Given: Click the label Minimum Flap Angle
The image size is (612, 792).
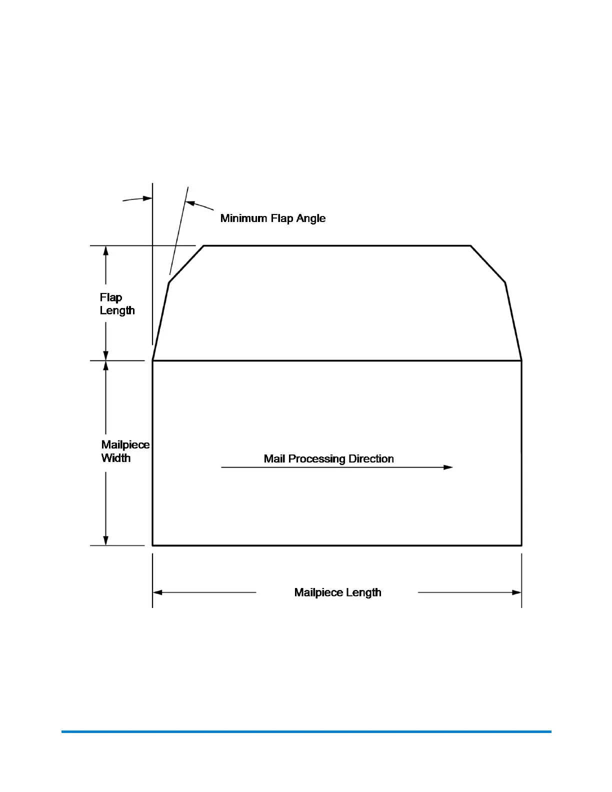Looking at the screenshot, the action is (273, 218).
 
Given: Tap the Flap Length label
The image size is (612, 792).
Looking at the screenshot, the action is (117, 304).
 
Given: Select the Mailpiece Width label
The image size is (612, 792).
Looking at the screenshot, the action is (125, 451).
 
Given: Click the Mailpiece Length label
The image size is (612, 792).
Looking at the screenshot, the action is (337, 592).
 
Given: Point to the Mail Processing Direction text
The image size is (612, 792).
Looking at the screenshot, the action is (328, 459).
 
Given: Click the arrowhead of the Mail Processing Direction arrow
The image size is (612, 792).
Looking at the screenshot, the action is (448, 467).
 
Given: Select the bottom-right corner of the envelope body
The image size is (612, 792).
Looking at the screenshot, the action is (521, 545).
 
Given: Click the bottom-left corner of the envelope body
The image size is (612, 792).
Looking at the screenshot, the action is (152, 545).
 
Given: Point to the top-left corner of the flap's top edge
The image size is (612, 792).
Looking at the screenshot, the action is (204, 246).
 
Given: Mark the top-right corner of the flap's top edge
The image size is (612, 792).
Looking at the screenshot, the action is (470, 246).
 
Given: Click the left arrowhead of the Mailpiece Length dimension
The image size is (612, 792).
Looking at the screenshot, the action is (157, 592).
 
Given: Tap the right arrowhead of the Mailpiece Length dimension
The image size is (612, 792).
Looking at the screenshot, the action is (517, 592).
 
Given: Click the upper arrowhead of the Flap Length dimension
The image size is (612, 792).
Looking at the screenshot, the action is (105, 250).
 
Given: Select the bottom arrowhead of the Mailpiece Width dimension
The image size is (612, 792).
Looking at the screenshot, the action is (105, 540).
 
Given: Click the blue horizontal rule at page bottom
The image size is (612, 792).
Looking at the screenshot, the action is (306, 732).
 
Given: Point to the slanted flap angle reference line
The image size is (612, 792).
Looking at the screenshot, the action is (179, 230).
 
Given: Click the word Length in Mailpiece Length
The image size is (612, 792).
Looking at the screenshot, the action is (363, 592).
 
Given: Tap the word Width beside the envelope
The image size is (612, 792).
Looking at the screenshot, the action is (116, 458).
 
